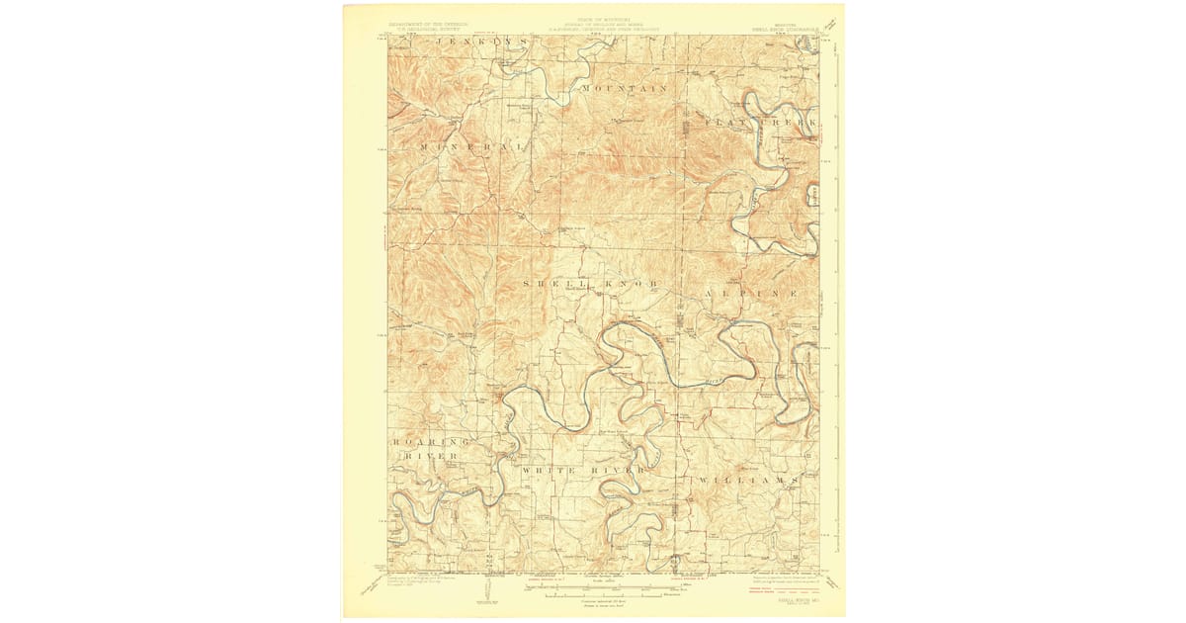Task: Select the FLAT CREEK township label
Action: (761, 120)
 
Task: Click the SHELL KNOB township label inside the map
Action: (589, 284)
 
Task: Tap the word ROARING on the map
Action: (430, 441)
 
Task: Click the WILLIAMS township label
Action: (747, 480)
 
